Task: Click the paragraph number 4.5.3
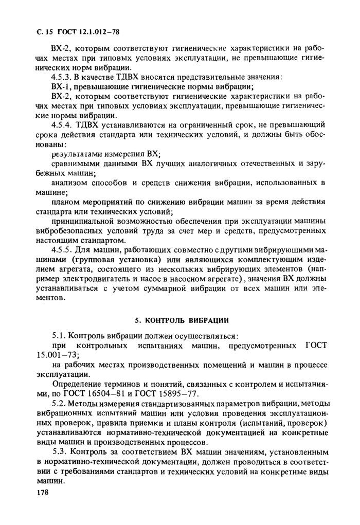point(62,78)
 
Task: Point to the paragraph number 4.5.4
point(62,124)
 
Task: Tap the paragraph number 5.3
point(59,452)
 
